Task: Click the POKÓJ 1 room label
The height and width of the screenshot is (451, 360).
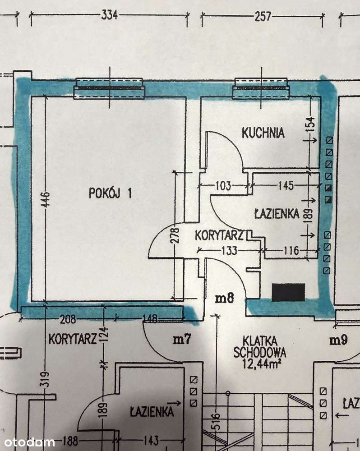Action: point(110,193)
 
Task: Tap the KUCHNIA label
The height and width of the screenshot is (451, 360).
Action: point(263,133)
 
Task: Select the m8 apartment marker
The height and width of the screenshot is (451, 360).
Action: point(224,298)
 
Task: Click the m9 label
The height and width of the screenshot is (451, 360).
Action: point(338,341)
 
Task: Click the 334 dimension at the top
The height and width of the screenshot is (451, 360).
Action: point(109,16)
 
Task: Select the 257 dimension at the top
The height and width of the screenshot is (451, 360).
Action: point(263,17)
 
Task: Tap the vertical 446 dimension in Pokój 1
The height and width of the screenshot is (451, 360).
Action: point(46,198)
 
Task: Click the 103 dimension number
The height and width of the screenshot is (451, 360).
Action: point(223,185)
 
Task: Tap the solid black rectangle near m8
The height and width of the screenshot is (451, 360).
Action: point(288,292)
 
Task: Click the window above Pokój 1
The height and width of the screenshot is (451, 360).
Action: point(109,88)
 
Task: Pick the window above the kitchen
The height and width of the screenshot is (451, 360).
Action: point(260,88)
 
